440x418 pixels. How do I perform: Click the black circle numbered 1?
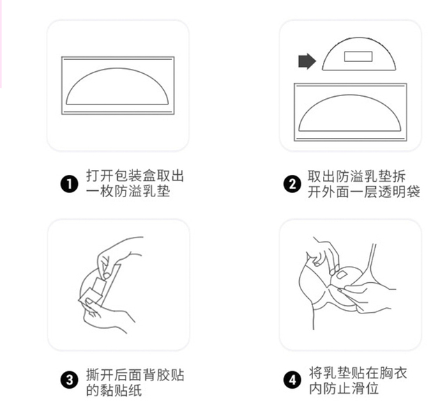tap(69, 184)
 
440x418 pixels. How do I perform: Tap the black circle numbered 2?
tap(292, 184)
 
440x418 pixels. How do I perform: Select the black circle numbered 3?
tap(69, 380)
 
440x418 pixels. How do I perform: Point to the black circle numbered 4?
tap(292, 380)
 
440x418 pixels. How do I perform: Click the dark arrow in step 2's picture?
tap(307, 61)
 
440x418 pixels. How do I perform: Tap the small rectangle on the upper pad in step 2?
tap(358, 56)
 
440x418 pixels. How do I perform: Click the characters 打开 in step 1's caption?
tap(100, 176)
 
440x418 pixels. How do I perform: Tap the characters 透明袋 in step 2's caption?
tap(399, 192)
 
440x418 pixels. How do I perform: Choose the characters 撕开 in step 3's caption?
tap(100, 375)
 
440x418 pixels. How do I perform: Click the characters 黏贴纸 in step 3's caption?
tap(121, 390)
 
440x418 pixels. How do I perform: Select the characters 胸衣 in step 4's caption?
tap(393, 373)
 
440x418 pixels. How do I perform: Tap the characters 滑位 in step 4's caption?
tap(365, 389)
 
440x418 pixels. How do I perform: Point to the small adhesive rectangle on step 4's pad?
tap(342, 274)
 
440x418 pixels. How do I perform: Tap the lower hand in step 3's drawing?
tap(108, 316)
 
